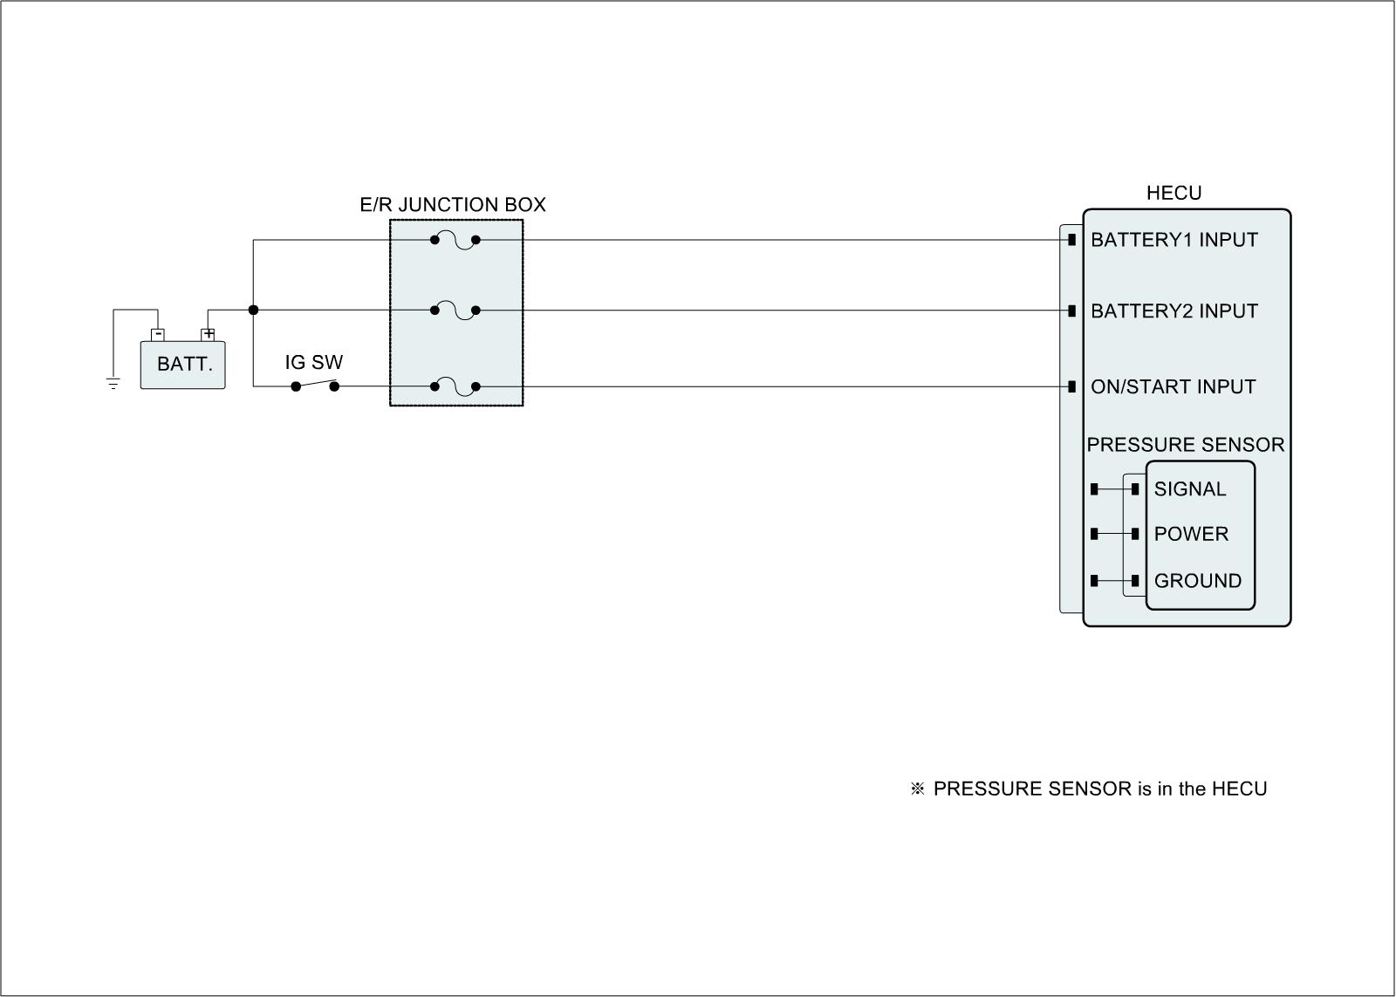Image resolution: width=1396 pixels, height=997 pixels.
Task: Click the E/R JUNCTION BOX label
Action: pyautogui.click(x=453, y=205)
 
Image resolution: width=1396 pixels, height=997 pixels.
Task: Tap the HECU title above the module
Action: pyautogui.click(x=1174, y=193)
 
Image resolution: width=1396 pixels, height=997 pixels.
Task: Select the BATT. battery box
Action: pyautogui.click(x=184, y=365)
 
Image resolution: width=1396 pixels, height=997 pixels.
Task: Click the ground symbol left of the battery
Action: pyautogui.click(x=113, y=382)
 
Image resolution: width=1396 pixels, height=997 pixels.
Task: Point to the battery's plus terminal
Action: pyautogui.click(x=209, y=333)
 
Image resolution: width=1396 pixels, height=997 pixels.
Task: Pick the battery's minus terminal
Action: pyautogui.click(x=158, y=333)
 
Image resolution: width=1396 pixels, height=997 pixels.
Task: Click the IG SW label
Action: pyautogui.click(x=314, y=362)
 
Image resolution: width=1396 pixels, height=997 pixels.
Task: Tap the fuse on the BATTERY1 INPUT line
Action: pyautogui.click(x=455, y=240)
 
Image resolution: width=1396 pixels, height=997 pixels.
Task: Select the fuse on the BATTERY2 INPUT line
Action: pyautogui.click(x=455, y=311)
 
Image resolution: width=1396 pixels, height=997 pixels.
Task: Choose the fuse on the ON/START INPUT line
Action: pyautogui.click(x=455, y=386)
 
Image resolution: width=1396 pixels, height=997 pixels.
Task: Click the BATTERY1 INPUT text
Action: pyautogui.click(x=1174, y=240)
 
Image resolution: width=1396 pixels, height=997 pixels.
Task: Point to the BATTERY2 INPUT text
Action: pyautogui.click(x=1174, y=311)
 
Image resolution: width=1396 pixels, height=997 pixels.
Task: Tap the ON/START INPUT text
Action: pyautogui.click(x=1173, y=387)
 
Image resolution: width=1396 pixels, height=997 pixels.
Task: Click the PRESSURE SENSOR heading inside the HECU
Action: pyautogui.click(x=1185, y=445)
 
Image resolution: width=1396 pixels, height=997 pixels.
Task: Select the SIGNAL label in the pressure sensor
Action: pyautogui.click(x=1189, y=489)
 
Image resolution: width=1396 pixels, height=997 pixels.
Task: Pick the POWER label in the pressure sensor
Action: pyautogui.click(x=1191, y=534)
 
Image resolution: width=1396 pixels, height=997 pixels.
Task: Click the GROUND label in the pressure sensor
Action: pyautogui.click(x=1197, y=581)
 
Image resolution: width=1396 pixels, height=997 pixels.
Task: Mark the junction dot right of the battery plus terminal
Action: pyautogui.click(x=253, y=310)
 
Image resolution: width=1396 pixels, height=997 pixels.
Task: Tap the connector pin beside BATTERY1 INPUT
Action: pyautogui.click(x=1071, y=239)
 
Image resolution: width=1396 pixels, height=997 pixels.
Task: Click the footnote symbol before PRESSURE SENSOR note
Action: pyautogui.click(x=917, y=789)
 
